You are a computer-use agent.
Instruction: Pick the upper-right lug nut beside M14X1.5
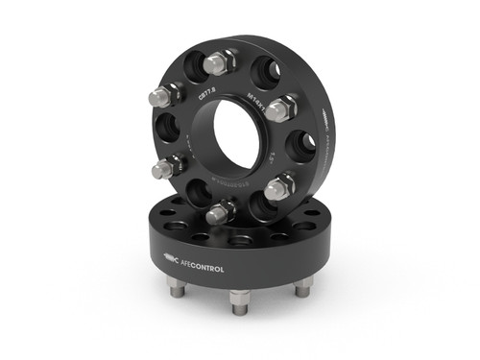point(279,108)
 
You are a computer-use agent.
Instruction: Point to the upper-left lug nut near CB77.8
point(164,96)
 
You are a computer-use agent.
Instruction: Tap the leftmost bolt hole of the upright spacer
point(161,132)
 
